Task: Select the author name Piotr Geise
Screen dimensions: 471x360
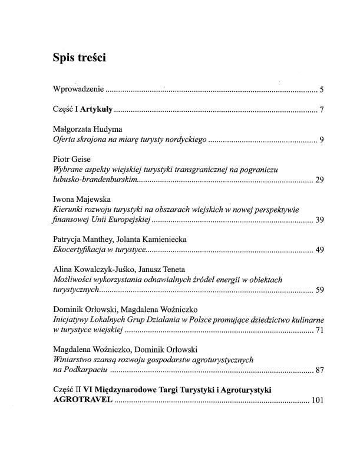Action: [x=72, y=160]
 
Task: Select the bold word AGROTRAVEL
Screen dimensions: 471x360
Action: [x=81, y=400]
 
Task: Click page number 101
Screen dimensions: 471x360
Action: [x=318, y=401]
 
